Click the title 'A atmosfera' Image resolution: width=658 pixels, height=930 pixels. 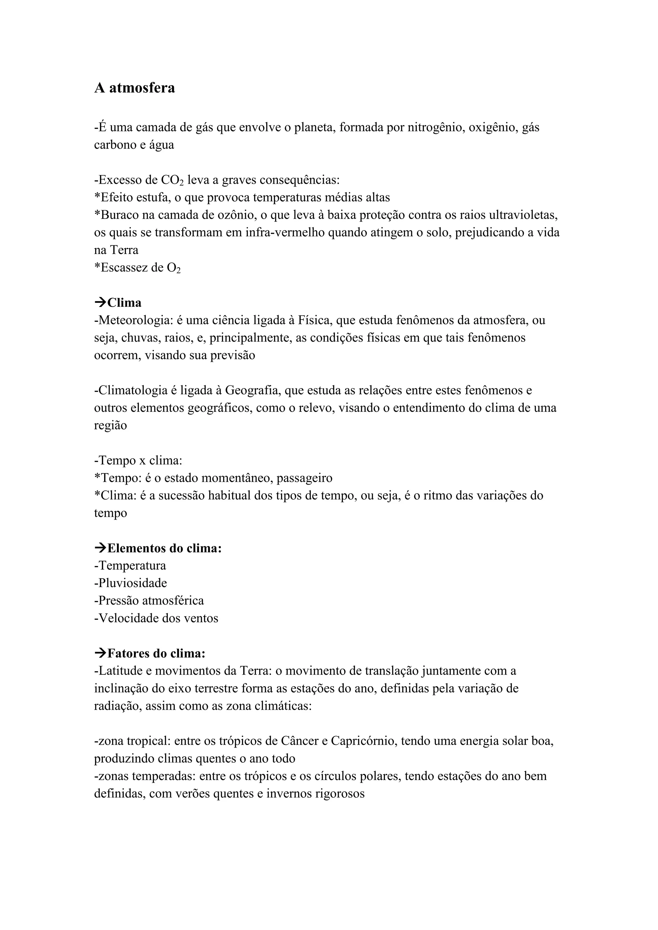[x=135, y=88]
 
